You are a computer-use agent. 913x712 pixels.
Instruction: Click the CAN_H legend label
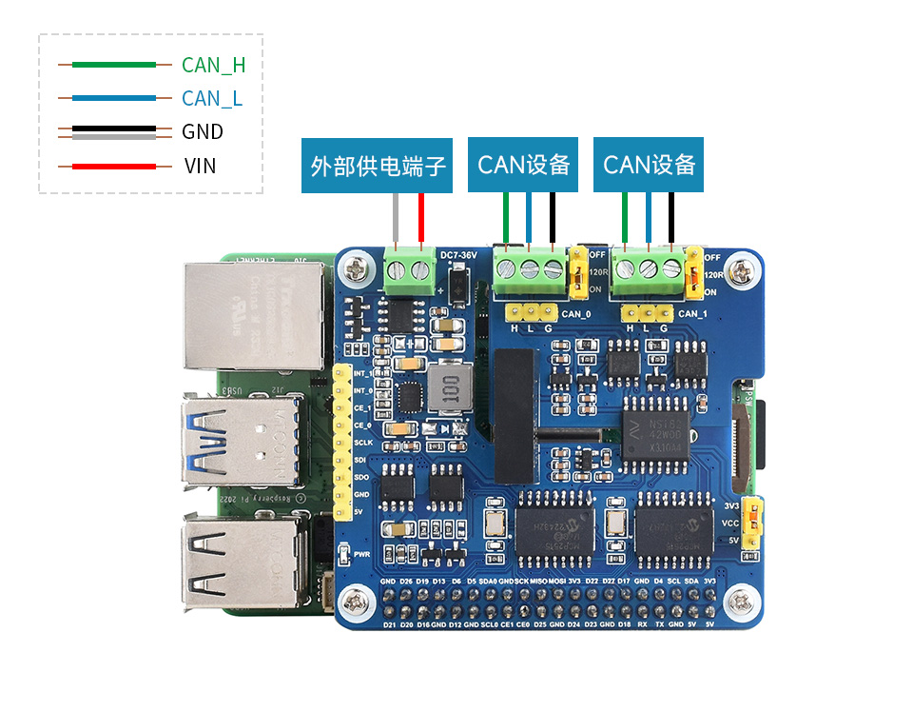(213, 65)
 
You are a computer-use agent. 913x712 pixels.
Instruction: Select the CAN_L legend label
(211, 98)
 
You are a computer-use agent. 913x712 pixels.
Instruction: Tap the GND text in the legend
(203, 131)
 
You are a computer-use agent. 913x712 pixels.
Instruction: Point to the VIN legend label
(201, 166)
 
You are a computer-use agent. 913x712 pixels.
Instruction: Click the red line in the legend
(107, 167)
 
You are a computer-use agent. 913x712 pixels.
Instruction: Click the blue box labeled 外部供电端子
(378, 166)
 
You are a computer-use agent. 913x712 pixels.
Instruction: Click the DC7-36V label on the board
(460, 254)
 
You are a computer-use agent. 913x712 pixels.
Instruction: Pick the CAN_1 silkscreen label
(693, 313)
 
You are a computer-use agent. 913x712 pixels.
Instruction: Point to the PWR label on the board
(361, 552)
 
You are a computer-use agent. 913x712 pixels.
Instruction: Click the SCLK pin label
(362, 443)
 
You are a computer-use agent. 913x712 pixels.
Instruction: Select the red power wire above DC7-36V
(420, 221)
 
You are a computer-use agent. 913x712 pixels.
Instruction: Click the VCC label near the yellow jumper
(731, 523)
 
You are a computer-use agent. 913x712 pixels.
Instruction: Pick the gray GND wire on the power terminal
(397, 221)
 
